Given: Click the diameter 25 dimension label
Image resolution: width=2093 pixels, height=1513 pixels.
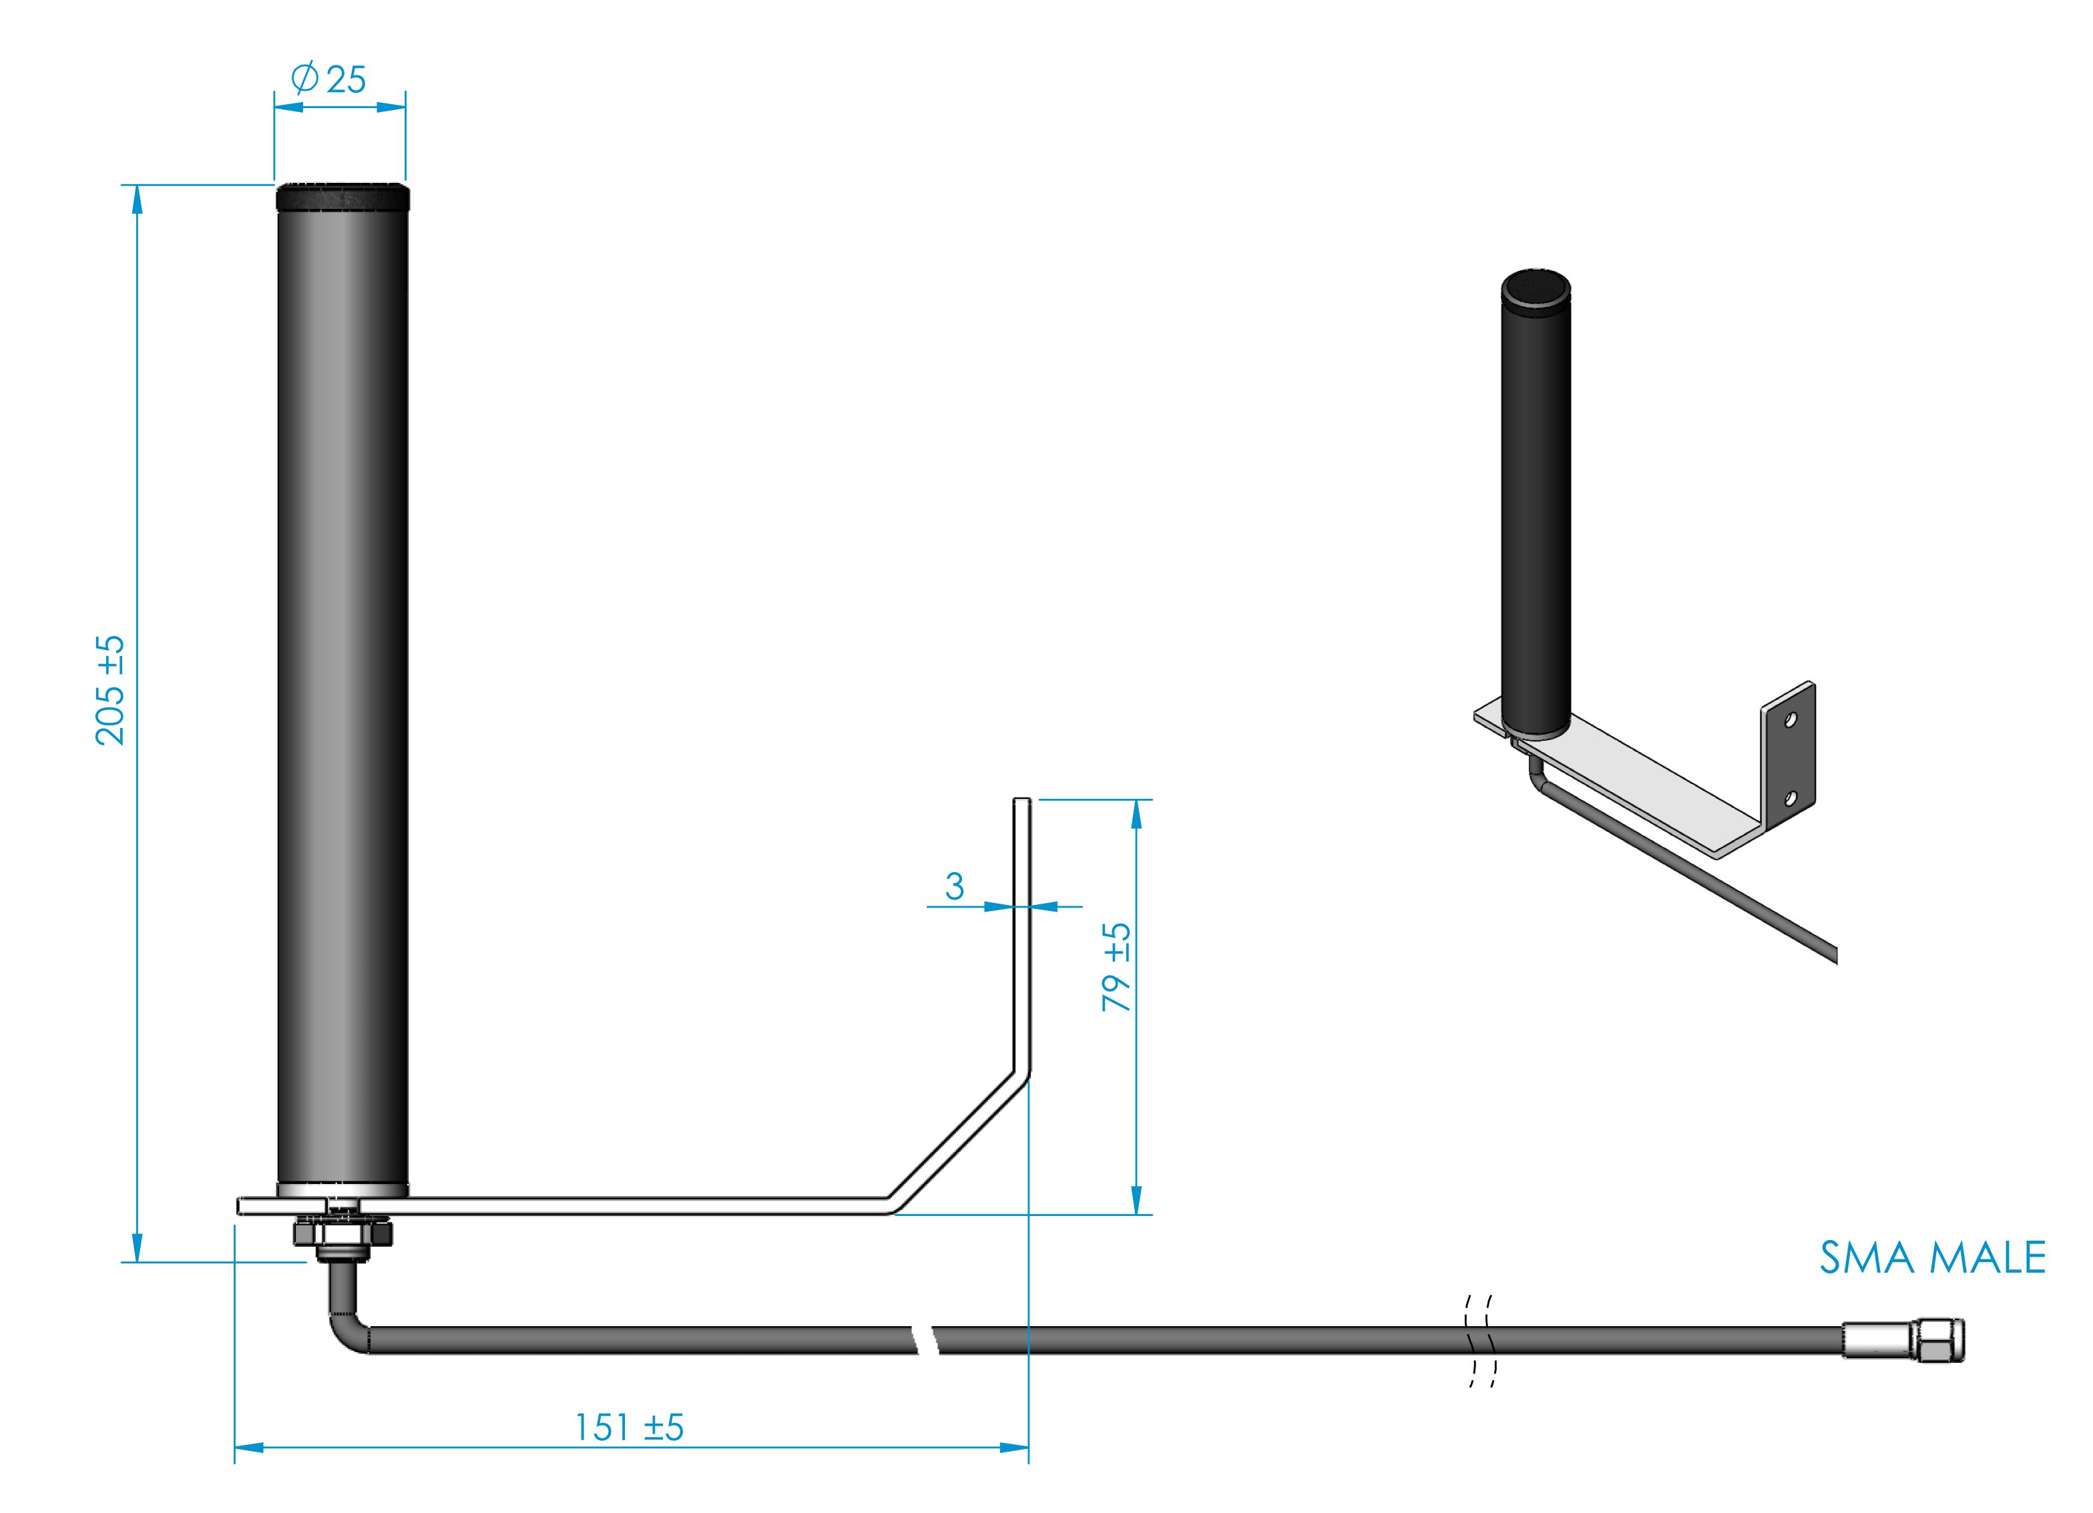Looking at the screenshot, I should (329, 79).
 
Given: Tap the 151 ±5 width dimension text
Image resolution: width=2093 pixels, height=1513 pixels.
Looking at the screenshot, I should (628, 1427).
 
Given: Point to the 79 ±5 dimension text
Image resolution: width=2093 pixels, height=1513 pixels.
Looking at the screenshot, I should (1117, 967).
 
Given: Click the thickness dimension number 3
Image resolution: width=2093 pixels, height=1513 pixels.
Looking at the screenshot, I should (954, 886).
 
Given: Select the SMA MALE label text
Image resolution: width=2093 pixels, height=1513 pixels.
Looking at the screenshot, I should (1932, 1258).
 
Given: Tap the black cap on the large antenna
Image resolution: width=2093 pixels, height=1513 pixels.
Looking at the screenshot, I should (342, 196).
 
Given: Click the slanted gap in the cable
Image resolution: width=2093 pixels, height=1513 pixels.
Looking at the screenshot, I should (925, 1339).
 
